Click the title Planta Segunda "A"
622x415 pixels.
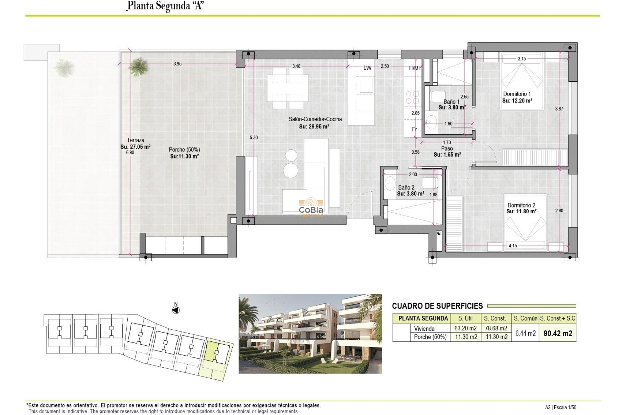165,6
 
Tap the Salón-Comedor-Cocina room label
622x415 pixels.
315,119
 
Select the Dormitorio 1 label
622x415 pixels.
517,94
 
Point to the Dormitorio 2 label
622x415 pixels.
521,205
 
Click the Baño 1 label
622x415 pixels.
451,101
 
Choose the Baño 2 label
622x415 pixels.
406,187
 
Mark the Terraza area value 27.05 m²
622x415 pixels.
135,147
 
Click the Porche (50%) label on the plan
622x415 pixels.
184,149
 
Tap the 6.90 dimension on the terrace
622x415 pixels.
130,152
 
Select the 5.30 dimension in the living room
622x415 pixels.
254,137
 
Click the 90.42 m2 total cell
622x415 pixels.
558,333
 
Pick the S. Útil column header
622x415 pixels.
466,318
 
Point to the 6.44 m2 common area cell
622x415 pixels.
525,333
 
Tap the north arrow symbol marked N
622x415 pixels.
176,310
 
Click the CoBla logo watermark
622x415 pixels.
310,206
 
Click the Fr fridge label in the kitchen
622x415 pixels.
414,129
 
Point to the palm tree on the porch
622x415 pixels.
138,66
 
